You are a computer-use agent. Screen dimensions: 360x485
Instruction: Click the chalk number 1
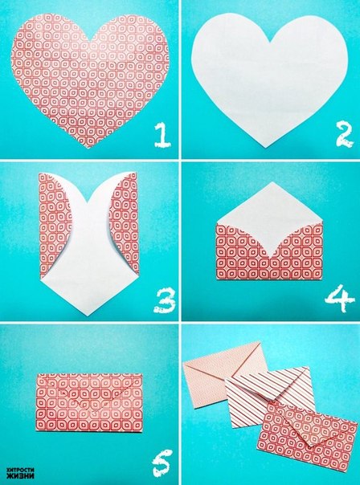pos(162,135)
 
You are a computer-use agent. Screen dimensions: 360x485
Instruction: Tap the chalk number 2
pos(344,134)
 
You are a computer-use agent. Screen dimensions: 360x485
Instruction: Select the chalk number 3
pos(165,300)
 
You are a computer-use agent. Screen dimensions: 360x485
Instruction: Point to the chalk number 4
pos(340,299)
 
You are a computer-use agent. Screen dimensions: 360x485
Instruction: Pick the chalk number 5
pos(162,463)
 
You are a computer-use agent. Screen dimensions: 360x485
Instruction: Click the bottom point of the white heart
pos(265,147)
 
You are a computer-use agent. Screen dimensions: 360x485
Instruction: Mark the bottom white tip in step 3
pos(88,316)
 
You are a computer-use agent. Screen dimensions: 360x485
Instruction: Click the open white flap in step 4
pos(270,217)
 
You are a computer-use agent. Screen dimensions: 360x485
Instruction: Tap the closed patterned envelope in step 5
pos(89,402)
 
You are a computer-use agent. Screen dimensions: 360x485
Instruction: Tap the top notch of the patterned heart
pos(90,41)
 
